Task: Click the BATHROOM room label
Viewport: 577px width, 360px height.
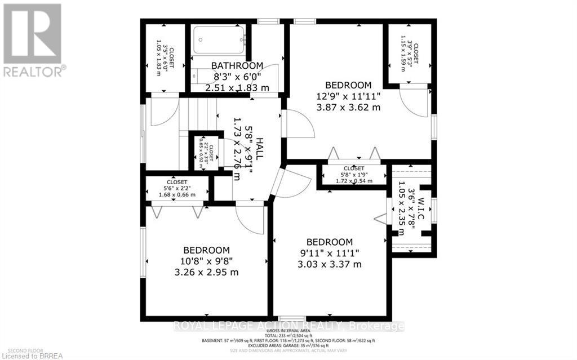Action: point(237,65)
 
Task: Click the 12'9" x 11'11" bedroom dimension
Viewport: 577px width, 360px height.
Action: point(348,96)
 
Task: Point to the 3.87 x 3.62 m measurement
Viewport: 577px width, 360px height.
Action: point(348,106)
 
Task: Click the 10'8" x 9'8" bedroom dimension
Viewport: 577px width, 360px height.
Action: point(207,261)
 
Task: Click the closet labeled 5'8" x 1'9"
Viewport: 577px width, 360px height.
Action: point(353,175)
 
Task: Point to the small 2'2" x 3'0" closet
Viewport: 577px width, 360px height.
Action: point(198,151)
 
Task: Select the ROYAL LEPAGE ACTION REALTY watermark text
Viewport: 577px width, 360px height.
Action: point(288,326)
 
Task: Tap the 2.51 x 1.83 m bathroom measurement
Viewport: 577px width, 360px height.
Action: point(237,87)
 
